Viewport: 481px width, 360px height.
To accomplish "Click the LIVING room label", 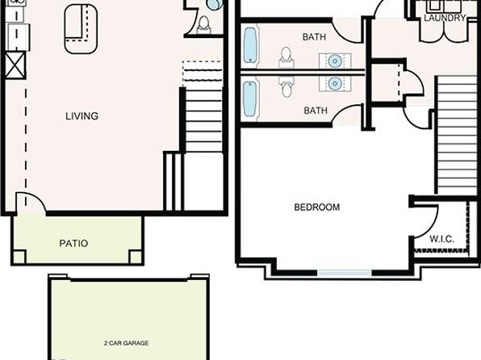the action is (82, 116).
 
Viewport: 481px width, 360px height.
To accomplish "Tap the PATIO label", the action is (73, 244).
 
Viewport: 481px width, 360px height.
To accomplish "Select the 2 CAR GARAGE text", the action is (127, 343).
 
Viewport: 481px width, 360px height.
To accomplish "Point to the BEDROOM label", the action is (317, 207).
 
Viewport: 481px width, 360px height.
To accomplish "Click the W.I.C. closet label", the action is (441, 239).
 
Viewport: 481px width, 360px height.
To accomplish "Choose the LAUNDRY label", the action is (445, 18).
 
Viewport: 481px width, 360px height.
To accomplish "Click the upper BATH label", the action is (314, 37).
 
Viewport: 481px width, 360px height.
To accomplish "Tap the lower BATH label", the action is (316, 111).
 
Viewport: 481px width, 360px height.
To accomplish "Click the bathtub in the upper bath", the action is (250, 45).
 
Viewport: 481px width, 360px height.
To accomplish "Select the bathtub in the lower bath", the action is (250, 98).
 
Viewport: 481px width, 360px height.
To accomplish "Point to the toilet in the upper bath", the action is (287, 57).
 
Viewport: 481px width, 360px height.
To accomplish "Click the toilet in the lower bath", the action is (287, 86).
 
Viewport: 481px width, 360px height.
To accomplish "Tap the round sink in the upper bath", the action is (335, 61).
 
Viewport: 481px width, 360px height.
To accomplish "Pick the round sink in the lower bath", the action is (335, 83).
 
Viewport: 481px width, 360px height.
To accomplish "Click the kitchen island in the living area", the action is (81, 29).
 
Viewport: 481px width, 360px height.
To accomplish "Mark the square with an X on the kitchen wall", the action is (15, 65).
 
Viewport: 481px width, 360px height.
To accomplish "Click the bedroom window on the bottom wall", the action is (344, 273).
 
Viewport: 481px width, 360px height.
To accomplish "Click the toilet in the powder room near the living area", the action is (203, 24).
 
